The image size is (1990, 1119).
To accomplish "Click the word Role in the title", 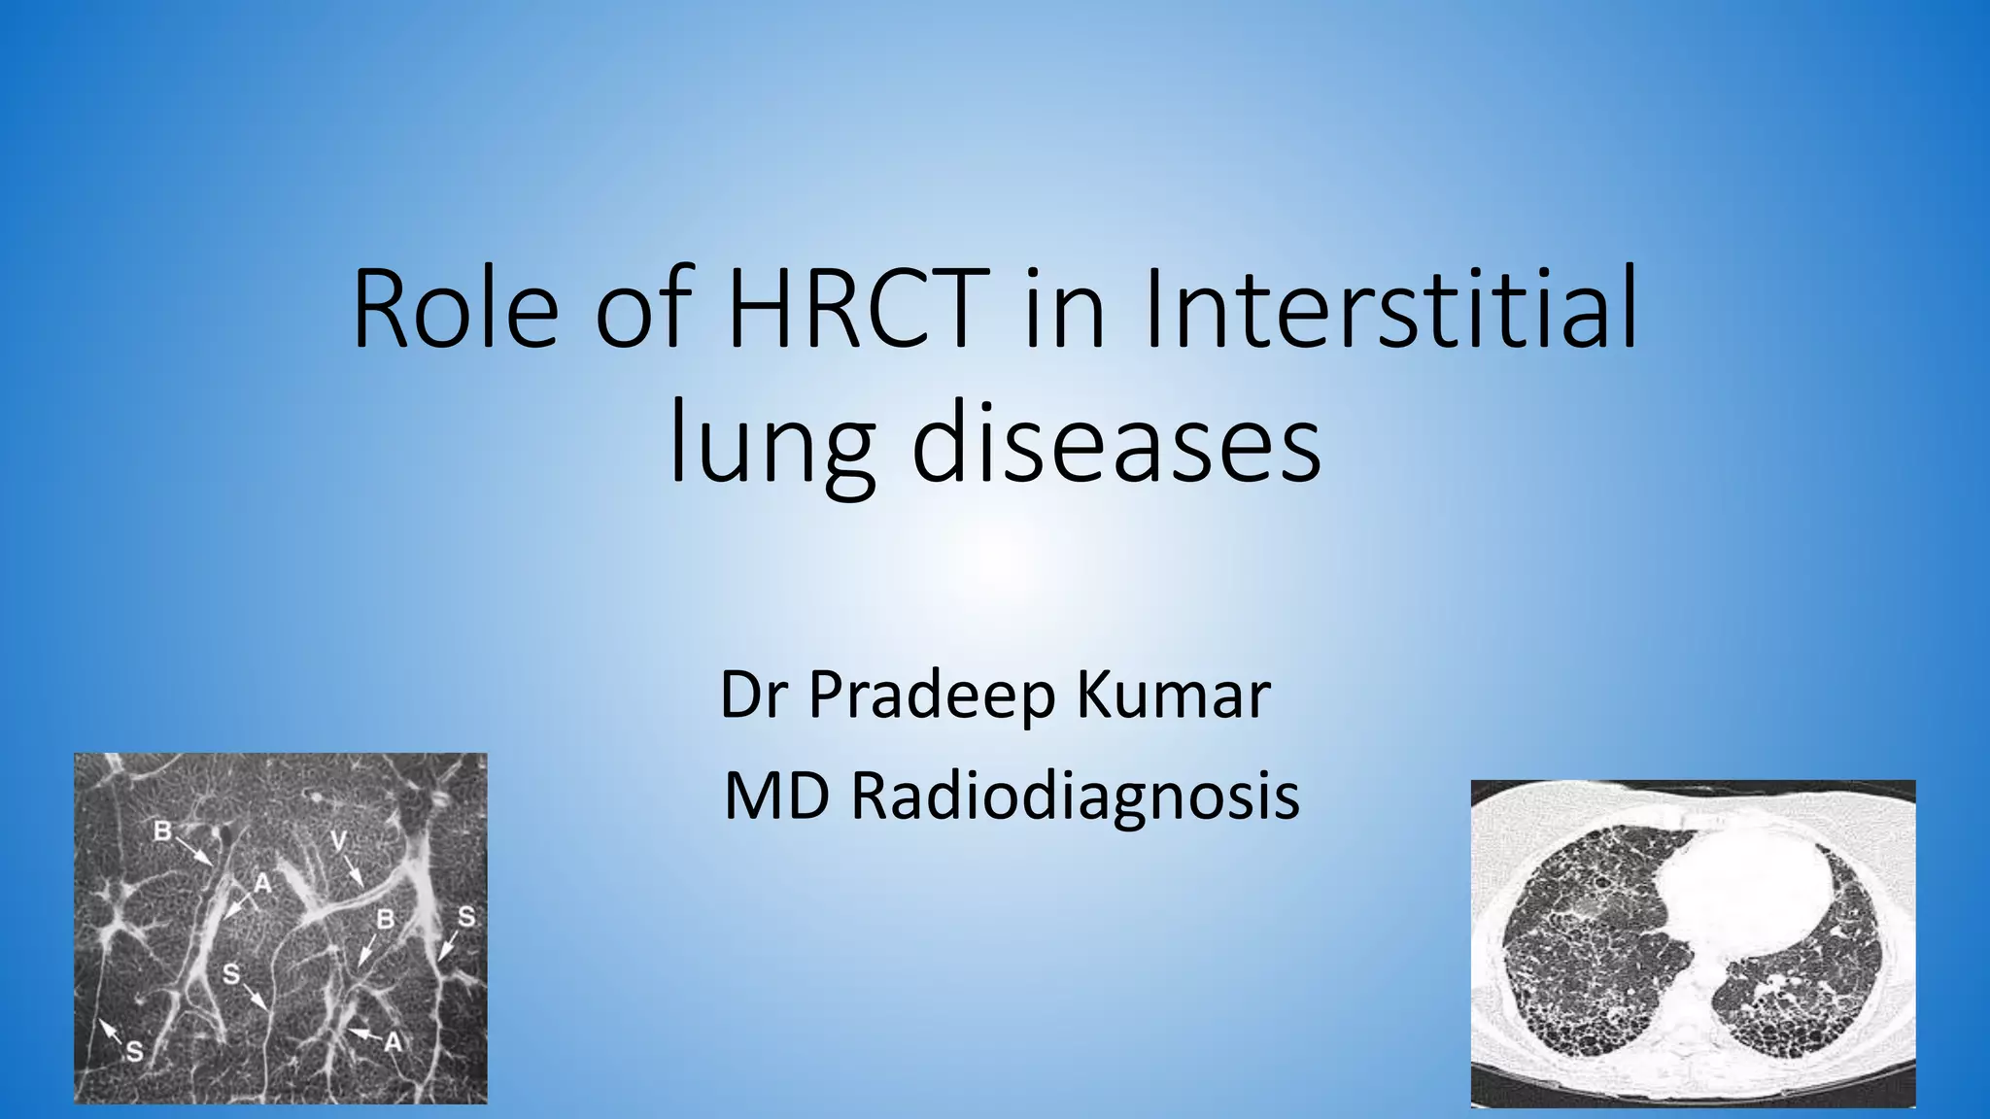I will tap(455, 309).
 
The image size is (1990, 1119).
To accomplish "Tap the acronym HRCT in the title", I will tap(859, 309).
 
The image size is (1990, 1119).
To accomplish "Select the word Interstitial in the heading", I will tap(1391, 309).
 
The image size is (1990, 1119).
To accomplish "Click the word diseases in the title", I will tap(1115, 445).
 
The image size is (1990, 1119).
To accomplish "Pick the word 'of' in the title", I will tap(643, 309).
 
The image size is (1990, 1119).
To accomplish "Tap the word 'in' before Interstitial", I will tap(1065, 309).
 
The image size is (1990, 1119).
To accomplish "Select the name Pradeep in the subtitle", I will tap(931, 696).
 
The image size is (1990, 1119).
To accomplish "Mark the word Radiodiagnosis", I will tap(1076, 796).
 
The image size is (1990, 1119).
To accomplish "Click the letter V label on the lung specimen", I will tap(338, 841).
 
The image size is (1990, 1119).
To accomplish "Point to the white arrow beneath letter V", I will tap(354, 872).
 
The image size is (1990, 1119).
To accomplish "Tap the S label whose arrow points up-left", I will tap(134, 1051).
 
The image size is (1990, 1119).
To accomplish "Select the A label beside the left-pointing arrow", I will tap(393, 1041).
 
